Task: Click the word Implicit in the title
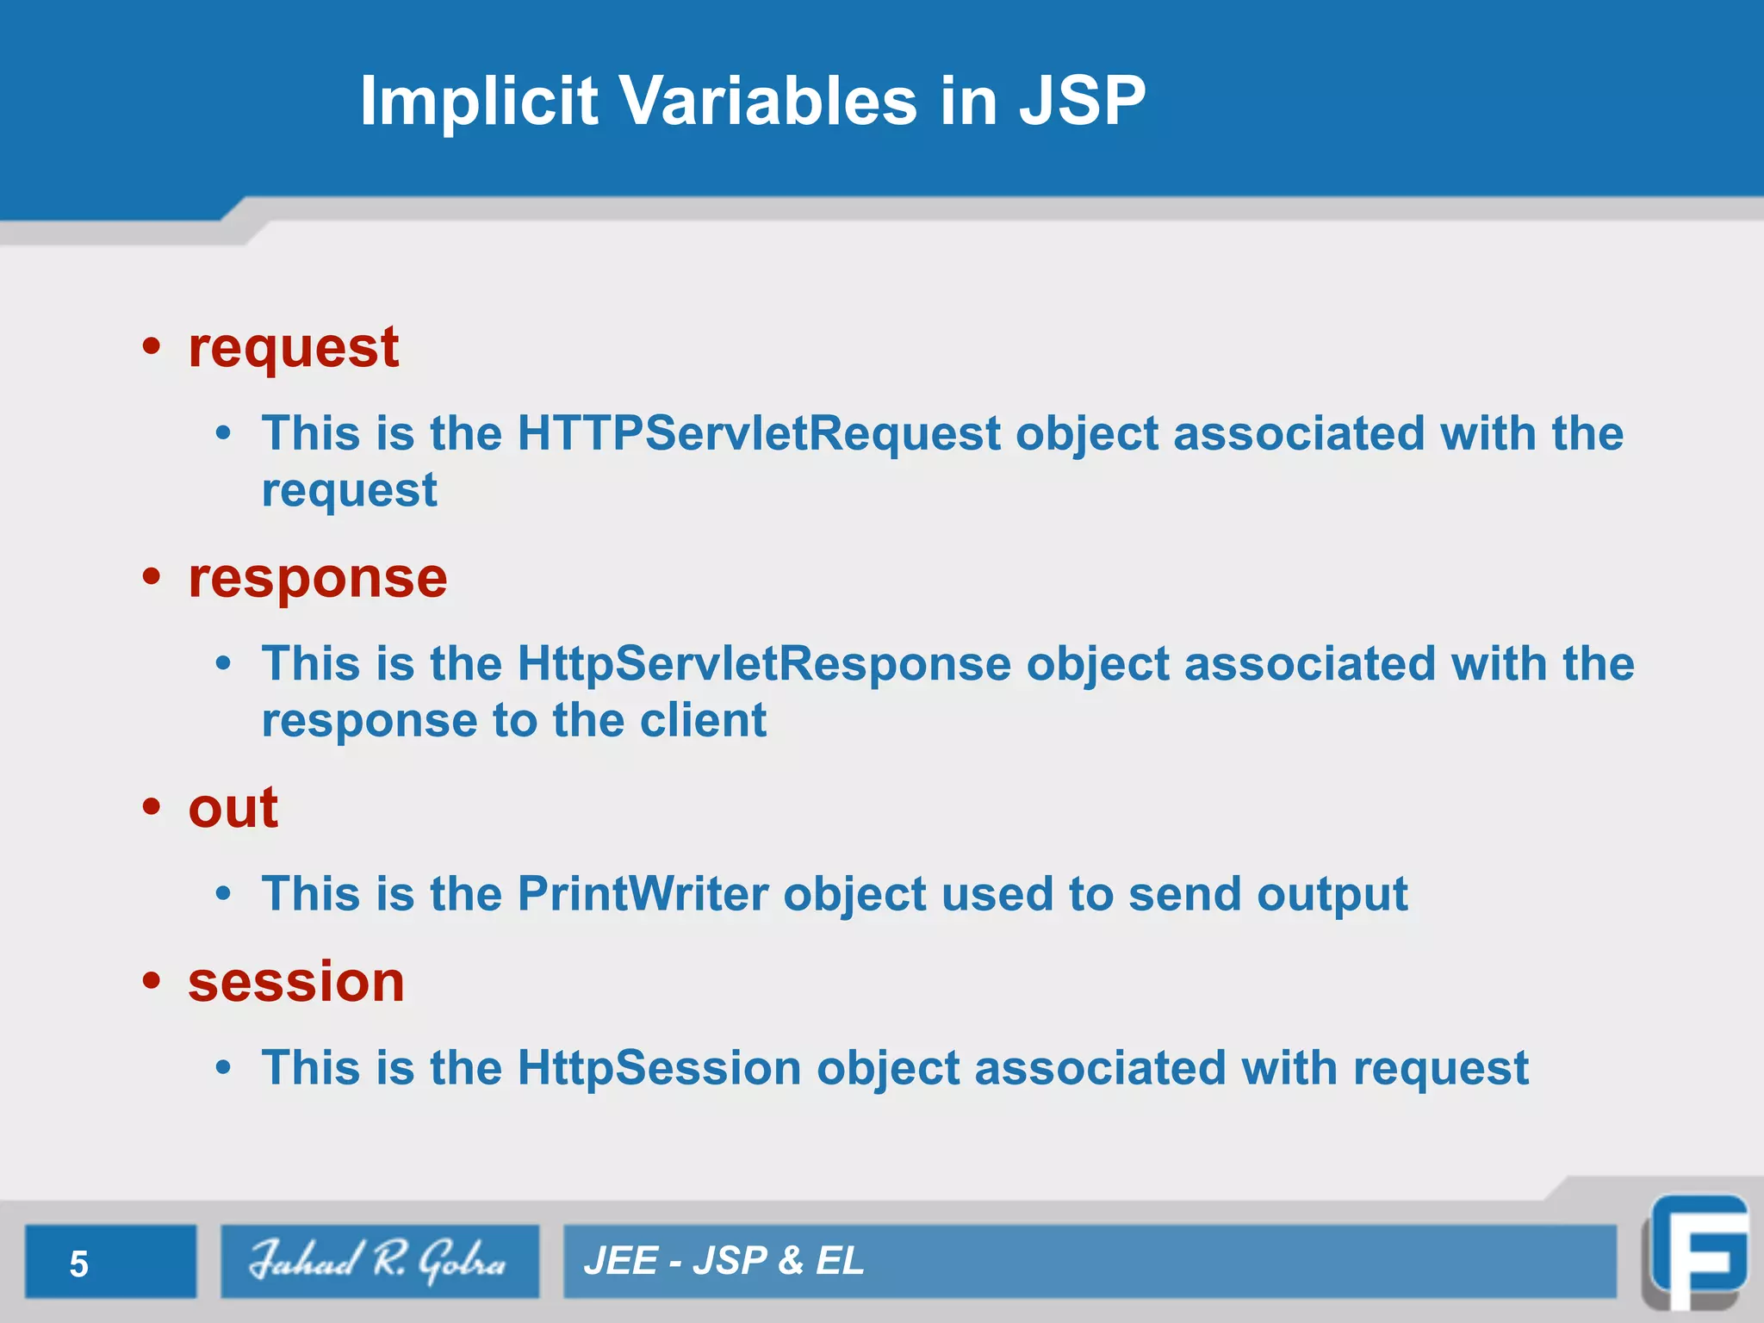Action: coord(478,101)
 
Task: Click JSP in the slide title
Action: coord(1082,101)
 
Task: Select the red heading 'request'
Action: coord(293,348)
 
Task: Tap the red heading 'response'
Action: coord(317,578)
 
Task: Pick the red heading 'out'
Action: coord(233,809)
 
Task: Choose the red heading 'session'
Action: coord(295,982)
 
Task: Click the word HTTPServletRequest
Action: coord(759,432)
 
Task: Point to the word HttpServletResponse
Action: coord(764,663)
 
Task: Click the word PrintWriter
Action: coord(643,893)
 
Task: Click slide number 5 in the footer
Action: coord(79,1264)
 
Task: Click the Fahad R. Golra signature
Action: coord(378,1261)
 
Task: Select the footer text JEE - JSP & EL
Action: coord(724,1261)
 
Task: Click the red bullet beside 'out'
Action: coord(152,808)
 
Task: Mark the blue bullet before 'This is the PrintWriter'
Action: coord(224,894)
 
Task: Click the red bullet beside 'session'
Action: coord(152,981)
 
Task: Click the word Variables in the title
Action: coord(768,101)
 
